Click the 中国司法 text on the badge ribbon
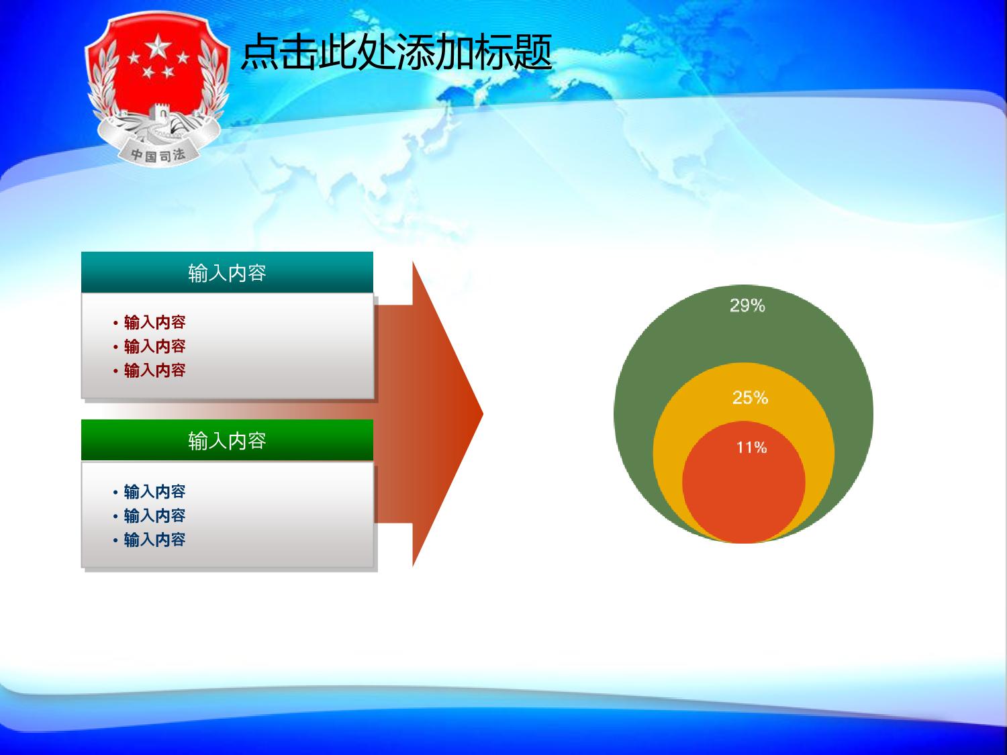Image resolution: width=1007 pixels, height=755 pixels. coord(158,155)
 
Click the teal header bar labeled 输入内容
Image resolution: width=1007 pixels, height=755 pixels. coord(227,272)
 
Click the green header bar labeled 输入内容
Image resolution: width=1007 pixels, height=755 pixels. coord(227,440)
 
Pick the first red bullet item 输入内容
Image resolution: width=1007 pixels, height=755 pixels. coord(154,322)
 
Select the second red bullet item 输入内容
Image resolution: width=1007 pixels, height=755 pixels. coord(154,346)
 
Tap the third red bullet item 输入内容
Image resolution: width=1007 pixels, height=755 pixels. coord(154,370)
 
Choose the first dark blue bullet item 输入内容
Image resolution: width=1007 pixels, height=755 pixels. coord(154,491)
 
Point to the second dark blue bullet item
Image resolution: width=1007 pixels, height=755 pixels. coord(154,515)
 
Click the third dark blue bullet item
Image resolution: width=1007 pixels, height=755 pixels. coord(154,540)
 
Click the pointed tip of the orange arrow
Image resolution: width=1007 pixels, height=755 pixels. coord(483,414)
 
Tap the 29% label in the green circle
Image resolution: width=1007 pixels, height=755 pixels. coord(747,305)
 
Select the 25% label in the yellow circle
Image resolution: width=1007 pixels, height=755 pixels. coord(750,397)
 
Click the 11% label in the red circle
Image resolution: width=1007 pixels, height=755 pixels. coord(751,447)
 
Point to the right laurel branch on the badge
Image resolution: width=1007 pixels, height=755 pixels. coord(213,83)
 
